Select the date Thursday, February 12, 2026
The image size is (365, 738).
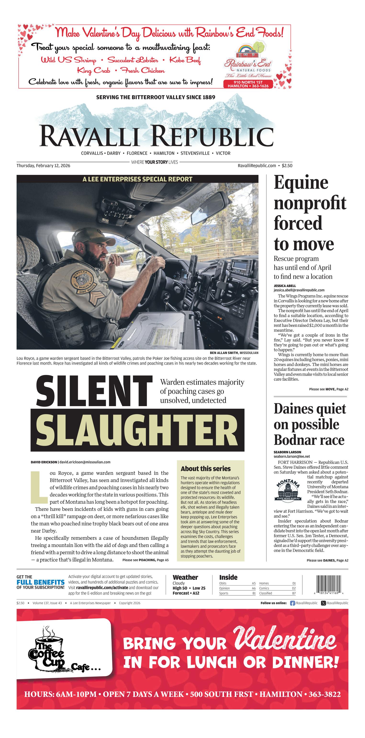43,166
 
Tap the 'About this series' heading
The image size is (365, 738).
205,469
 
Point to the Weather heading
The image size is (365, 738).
185,577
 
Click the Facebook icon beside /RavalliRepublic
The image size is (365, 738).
292,603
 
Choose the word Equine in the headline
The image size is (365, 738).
301,183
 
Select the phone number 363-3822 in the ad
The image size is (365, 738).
324,694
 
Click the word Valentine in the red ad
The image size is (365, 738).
285,638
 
